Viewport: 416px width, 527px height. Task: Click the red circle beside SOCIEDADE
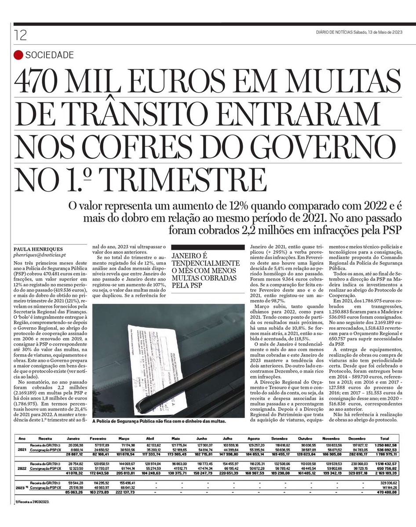coord(18,55)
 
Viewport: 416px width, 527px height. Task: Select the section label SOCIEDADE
coord(49,55)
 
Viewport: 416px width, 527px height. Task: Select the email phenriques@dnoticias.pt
coord(40,255)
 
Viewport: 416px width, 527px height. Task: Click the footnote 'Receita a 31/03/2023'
coord(31,501)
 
